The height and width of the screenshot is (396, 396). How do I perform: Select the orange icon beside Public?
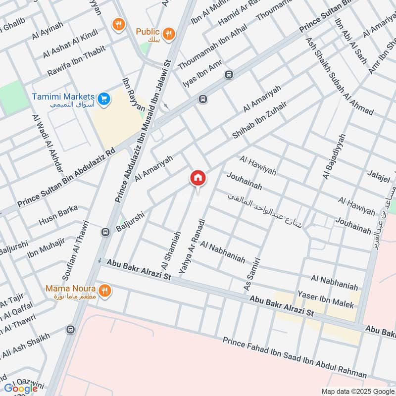click(169, 33)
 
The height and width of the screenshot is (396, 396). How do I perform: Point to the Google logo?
click(21, 389)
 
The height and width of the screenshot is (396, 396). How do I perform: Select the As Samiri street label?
click(251, 274)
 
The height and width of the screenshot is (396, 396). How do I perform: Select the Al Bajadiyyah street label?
click(333, 156)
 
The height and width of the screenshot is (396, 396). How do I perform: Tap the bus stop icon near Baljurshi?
click(105, 232)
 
